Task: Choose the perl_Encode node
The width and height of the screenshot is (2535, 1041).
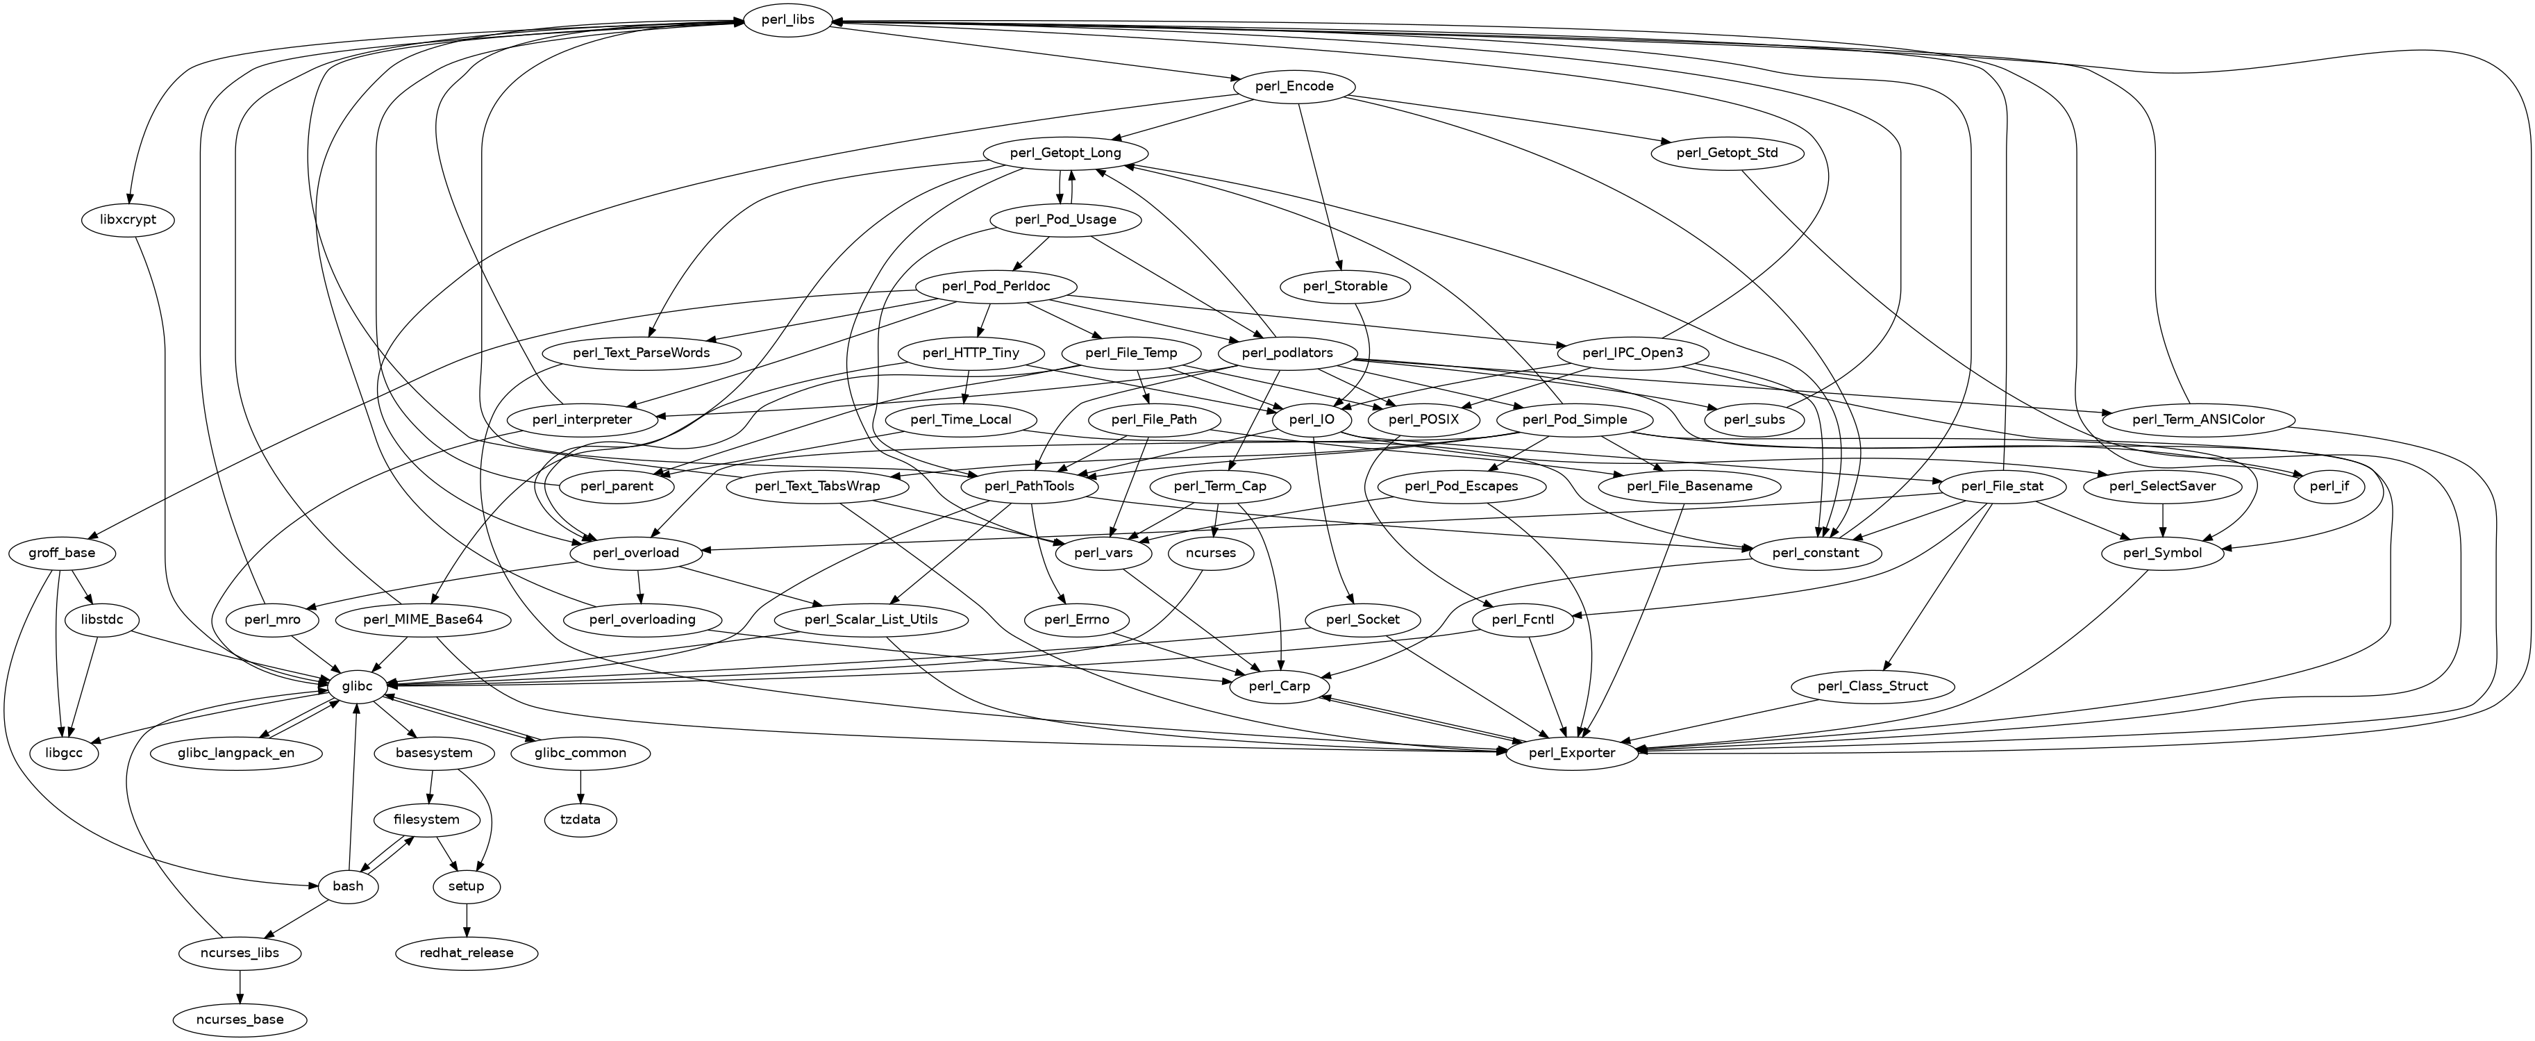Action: (x=1294, y=87)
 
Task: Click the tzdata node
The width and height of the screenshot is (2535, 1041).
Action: (x=580, y=819)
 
